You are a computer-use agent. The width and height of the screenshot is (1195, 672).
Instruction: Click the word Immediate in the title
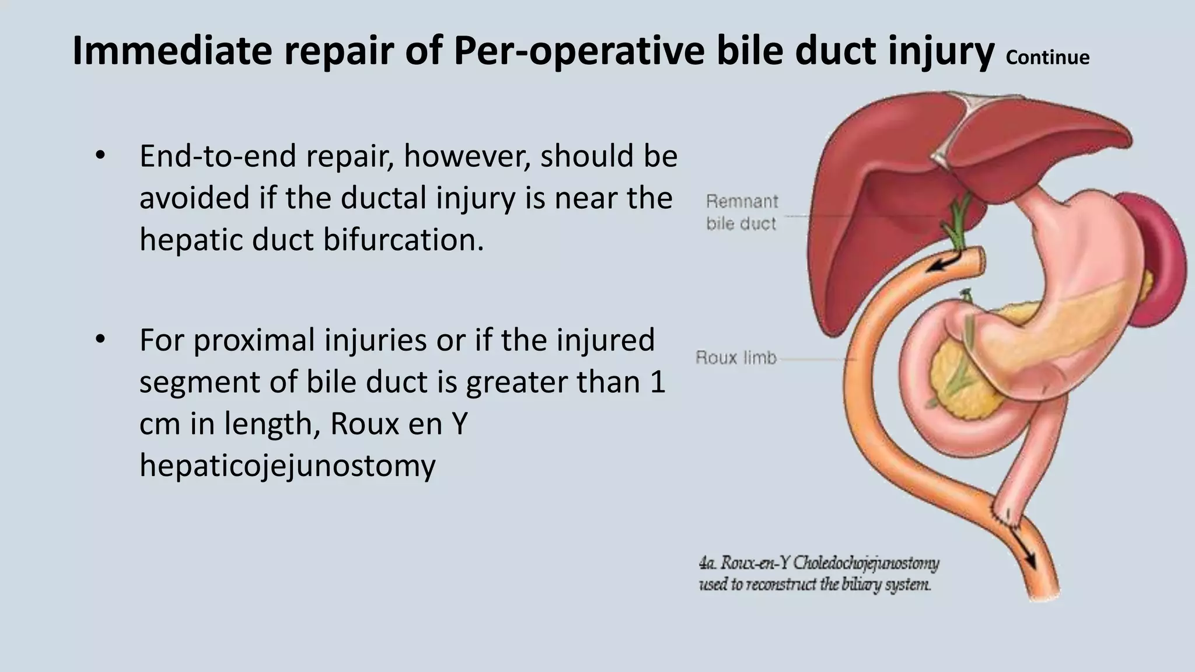click(172, 51)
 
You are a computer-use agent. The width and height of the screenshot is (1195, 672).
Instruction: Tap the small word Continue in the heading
click(1047, 57)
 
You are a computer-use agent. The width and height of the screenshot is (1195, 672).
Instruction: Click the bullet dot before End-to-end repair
click(100, 156)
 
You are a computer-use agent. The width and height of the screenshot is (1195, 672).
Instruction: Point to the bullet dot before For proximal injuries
click(100, 340)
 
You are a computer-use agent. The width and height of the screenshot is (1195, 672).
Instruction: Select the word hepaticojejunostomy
click(287, 466)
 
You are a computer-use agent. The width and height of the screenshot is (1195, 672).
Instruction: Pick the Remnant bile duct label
click(741, 212)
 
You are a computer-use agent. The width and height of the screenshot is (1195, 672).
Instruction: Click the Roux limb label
click(736, 357)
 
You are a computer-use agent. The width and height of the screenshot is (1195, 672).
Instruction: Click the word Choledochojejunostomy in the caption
click(866, 563)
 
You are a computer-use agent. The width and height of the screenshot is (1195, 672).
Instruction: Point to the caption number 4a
click(707, 563)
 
